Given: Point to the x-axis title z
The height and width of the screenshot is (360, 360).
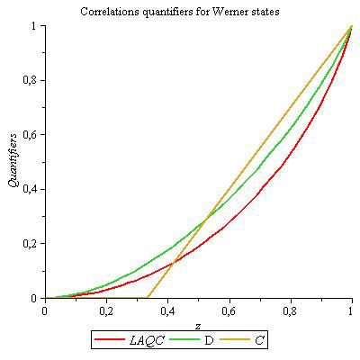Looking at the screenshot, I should coord(197,325).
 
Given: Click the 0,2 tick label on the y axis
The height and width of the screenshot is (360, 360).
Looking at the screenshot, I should coord(31,243).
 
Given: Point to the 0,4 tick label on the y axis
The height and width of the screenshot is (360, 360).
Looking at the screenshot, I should coord(31,189).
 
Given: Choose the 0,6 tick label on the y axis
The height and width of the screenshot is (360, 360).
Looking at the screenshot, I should coord(31,134).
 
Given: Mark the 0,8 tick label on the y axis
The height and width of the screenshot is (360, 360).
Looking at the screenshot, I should coord(31,80).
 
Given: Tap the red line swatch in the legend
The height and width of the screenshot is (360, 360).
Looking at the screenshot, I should coord(107,340).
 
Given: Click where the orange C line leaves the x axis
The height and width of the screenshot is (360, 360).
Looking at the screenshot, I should coord(147,297).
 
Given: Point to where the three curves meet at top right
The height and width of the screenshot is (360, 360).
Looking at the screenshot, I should coord(350,26).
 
